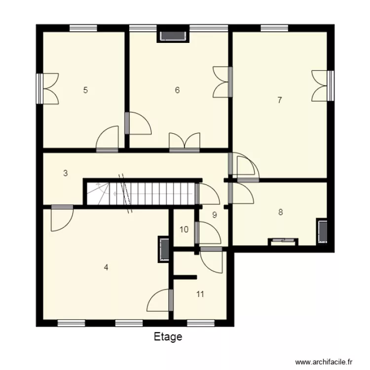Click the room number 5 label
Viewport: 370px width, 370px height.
click(x=85, y=90)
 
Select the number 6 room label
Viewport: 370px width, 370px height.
click(x=177, y=90)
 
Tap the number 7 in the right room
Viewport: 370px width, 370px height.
click(x=279, y=100)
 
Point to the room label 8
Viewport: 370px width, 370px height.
click(x=280, y=213)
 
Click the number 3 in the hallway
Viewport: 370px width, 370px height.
click(x=65, y=173)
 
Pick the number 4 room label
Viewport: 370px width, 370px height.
click(x=106, y=267)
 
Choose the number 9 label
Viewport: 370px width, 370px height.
click(x=214, y=215)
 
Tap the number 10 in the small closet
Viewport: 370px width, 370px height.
click(x=184, y=229)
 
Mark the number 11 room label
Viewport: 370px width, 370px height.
click(x=200, y=295)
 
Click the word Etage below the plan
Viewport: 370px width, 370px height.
click(x=168, y=337)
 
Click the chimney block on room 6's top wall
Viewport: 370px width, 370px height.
click(x=173, y=36)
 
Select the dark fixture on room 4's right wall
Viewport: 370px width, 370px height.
click(x=164, y=249)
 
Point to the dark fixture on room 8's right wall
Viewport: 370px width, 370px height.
click(x=323, y=231)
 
